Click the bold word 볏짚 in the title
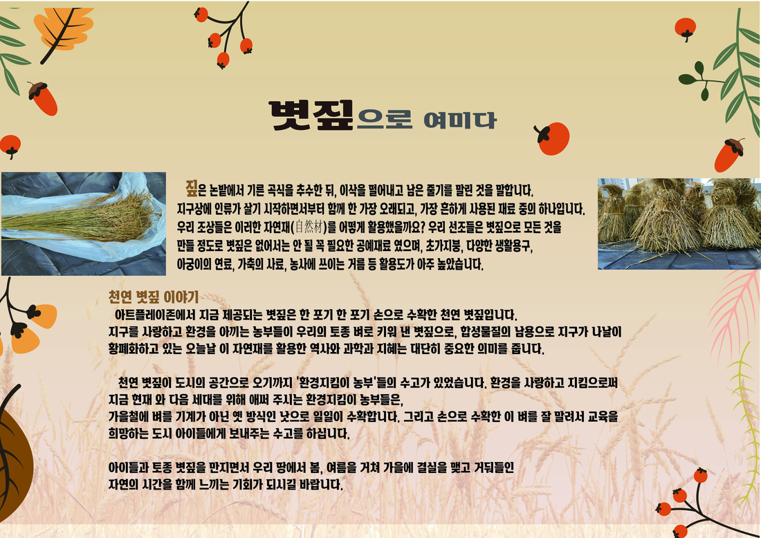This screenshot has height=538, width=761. [311, 115]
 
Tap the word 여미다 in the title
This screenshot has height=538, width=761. [459, 120]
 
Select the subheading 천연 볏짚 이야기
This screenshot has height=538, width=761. [154, 297]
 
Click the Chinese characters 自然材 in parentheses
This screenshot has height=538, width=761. [309, 227]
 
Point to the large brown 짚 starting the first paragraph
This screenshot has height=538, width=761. [192, 187]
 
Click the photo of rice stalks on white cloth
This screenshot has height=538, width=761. [84, 223]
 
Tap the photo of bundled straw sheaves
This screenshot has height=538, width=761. [679, 223]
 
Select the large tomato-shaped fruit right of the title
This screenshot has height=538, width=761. [552, 138]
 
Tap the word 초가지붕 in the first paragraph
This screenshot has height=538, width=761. [443, 246]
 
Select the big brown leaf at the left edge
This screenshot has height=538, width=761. [15, 461]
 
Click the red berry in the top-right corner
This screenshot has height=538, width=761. [686, 28]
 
